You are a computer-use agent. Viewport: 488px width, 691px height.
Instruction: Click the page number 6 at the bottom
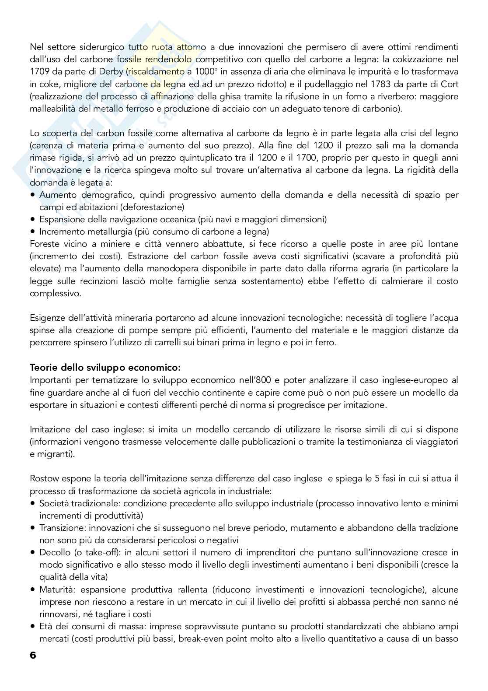[33, 655]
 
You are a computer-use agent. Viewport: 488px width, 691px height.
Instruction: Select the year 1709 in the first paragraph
[38, 71]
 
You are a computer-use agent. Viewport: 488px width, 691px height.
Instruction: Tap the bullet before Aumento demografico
[33, 195]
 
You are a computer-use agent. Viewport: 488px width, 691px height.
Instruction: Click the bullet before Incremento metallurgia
[33, 232]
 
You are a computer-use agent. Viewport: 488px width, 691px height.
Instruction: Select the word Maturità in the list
[55, 589]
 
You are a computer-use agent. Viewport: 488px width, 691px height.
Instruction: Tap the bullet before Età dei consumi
[33, 626]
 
